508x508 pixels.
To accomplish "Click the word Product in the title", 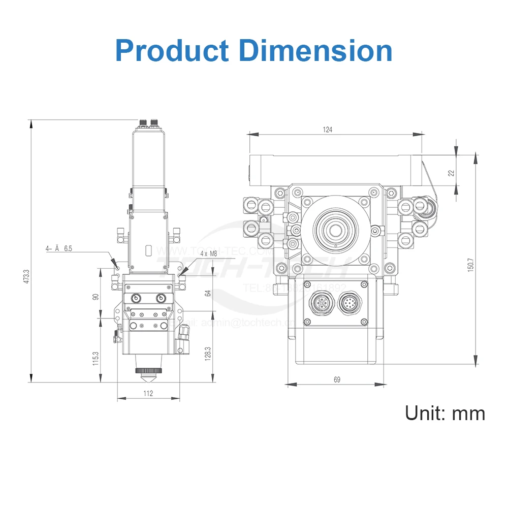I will [x=172, y=51].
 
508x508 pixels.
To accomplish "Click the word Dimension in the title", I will [x=315, y=51].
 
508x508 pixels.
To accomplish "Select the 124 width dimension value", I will [x=328, y=130].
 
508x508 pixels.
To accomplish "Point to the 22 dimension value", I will [x=451, y=173].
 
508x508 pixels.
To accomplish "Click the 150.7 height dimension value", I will [x=470, y=265].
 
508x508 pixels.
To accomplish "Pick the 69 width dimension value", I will [x=337, y=379].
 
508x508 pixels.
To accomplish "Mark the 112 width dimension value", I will [x=148, y=393].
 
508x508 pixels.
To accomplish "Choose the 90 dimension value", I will [x=95, y=297].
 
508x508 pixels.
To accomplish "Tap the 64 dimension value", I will [x=207, y=293].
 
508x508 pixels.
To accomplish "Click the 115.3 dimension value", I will [x=95, y=359].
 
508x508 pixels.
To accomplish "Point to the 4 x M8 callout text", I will [x=210, y=253].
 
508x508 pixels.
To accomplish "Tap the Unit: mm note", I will [x=444, y=412].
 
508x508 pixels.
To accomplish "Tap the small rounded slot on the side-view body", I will [x=148, y=250].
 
